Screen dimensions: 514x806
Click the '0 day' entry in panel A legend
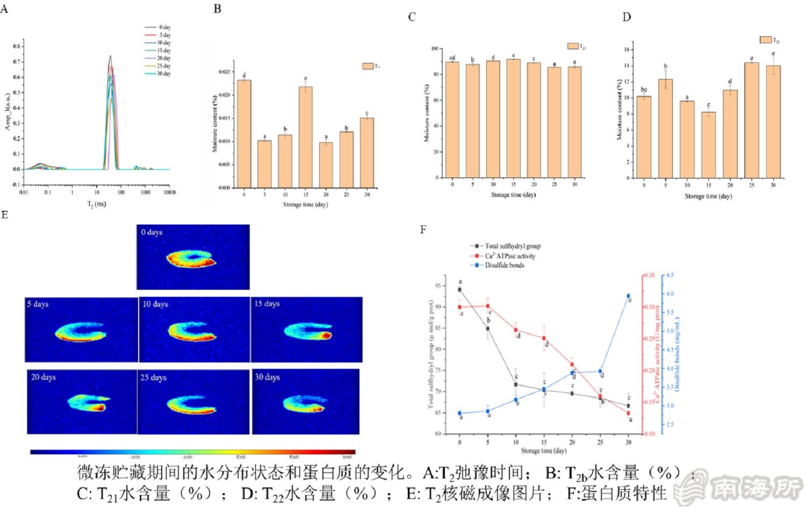pyautogui.click(x=158, y=27)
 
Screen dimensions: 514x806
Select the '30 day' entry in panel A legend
pyautogui.click(x=158, y=74)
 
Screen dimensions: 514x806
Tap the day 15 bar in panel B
pyautogui.click(x=305, y=137)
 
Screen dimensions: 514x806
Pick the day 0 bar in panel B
pyautogui.click(x=244, y=134)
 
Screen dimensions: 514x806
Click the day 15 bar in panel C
pyautogui.click(x=513, y=118)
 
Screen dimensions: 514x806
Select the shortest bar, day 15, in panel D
pyautogui.click(x=708, y=145)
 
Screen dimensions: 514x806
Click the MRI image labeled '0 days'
pyautogui.click(x=193, y=257)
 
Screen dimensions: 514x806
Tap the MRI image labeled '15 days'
pyautogui.click(x=306, y=329)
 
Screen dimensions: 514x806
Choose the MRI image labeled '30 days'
pyautogui.click(x=306, y=401)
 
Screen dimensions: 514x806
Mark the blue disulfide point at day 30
pyautogui.click(x=628, y=296)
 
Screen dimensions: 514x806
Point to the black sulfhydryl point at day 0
pyautogui.click(x=459, y=289)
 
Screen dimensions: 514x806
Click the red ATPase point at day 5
pyautogui.click(x=487, y=306)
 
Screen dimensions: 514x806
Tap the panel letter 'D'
pyautogui.click(x=627, y=17)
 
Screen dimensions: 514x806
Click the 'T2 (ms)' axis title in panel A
pyautogui.click(x=97, y=205)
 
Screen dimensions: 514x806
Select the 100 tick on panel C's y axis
pyautogui.click(x=435, y=48)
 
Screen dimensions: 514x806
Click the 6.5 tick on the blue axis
pyautogui.click(x=670, y=275)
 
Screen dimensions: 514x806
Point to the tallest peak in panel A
pyautogui.click(x=110, y=56)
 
